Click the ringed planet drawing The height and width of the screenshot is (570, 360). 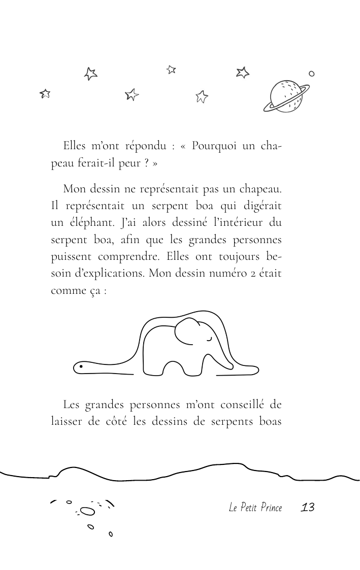click(x=286, y=96)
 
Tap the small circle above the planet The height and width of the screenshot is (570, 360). click(x=312, y=74)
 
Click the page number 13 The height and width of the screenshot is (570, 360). click(x=308, y=507)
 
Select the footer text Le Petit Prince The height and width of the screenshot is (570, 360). click(x=255, y=507)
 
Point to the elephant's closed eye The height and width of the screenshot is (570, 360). click(x=209, y=337)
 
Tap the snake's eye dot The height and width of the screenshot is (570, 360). click(x=81, y=366)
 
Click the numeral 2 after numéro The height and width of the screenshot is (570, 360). click(x=244, y=274)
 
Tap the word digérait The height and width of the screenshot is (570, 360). click(x=260, y=206)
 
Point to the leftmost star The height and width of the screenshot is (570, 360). click(x=45, y=93)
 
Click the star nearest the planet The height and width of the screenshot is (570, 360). click(x=242, y=73)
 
